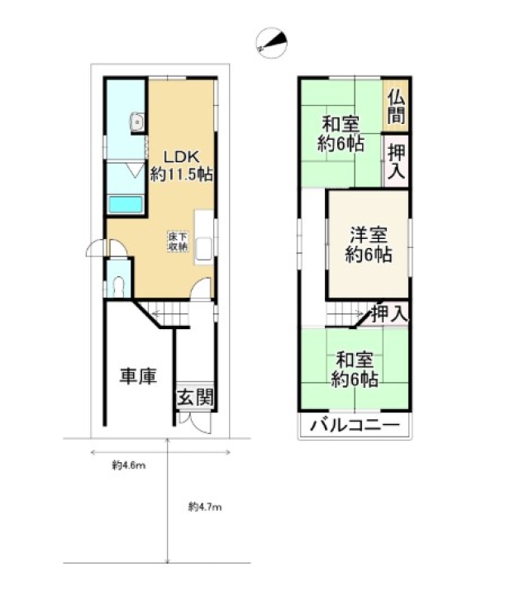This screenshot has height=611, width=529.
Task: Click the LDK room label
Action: pyautogui.click(x=181, y=156)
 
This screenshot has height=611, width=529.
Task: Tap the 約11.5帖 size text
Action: pyautogui.click(x=182, y=174)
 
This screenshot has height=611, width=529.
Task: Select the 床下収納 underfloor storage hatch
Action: pyautogui.click(x=178, y=241)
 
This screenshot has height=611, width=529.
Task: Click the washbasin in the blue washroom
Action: pyautogui.click(x=137, y=122)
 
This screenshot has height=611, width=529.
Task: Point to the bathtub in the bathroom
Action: pyautogui.click(x=125, y=205)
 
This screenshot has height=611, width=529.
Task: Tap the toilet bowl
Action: pyautogui.click(x=118, y=287)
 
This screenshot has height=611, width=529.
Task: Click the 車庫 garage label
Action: pyautogui.click(x=138, y=376)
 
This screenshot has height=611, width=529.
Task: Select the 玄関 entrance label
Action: pyautogui.click(x=195, y=398)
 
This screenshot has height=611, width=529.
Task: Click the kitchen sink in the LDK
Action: pyautogui.click(x=204, y=249)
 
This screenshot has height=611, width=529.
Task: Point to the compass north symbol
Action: pyautogui.click(x=271, y=43)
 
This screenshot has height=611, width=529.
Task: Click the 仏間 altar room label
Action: pyautogui.click(x=396, y=107)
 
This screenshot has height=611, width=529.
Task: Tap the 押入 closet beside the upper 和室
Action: pyautogui.click(x=396, y=161)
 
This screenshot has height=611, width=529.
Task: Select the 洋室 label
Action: pyautogui.click(x=369, y=236)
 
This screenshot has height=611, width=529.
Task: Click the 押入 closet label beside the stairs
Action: pyautogui.click(x=389, y=313)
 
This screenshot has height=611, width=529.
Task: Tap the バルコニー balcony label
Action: pyautogui.click(x=355, y=425)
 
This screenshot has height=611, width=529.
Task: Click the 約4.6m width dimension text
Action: pyautogui.click(x=129, y=465)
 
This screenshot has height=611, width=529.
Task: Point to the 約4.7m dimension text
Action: pyautogui.click(x=205, y=507)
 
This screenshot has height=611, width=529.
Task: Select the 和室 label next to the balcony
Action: pyautogui.click(x=355, y=360)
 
